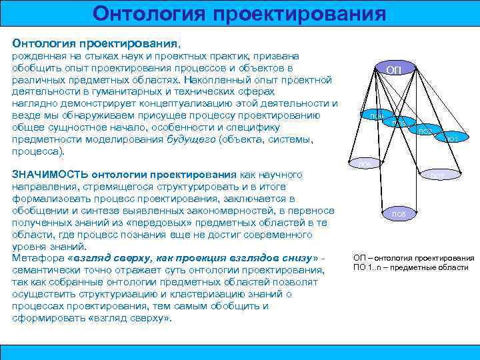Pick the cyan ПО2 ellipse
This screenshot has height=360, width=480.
[425, 131]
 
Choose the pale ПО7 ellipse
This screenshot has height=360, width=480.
[437, 175]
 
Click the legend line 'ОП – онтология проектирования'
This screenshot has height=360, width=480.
[413, 257]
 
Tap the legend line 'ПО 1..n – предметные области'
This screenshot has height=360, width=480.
[411, 267]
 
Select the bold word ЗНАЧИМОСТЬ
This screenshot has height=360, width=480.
[50, 174]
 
